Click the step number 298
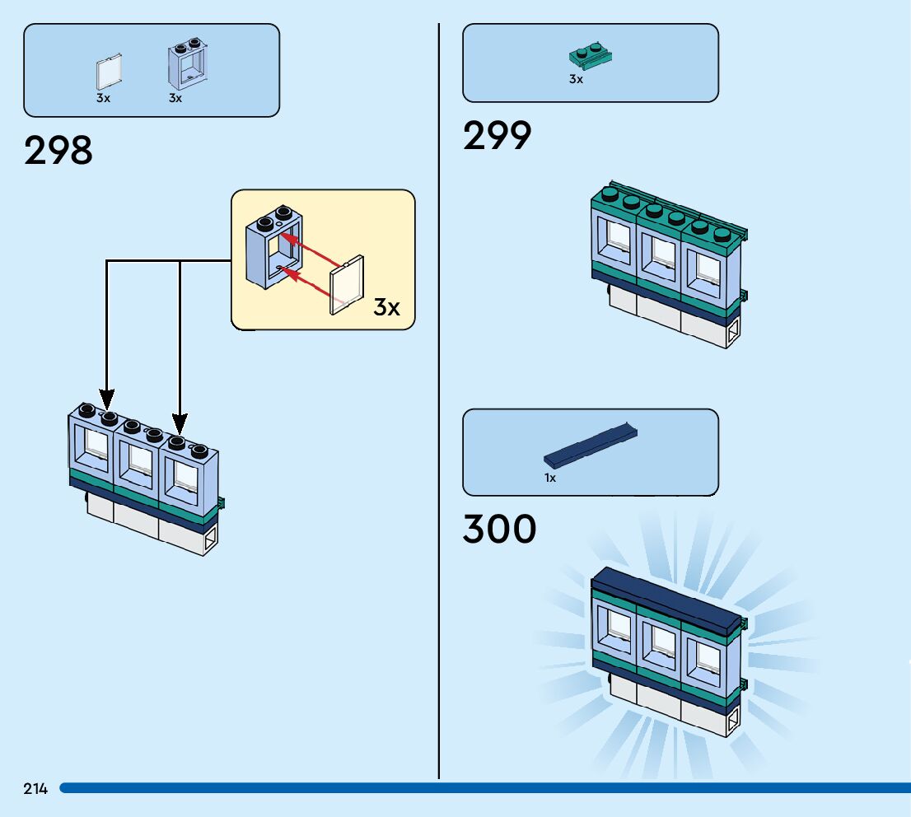pos(58,151)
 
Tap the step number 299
pos(497,136)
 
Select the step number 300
pos(499,530)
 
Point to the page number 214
pos(35,789)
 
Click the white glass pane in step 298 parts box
pos(109,72)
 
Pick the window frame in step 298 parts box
pos(189,64)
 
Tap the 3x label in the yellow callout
pos(386,307)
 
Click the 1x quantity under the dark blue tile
pos(550,478)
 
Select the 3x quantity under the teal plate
pos(576,80)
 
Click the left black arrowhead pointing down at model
pos(106,401)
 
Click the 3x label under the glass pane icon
pos(103,98)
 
